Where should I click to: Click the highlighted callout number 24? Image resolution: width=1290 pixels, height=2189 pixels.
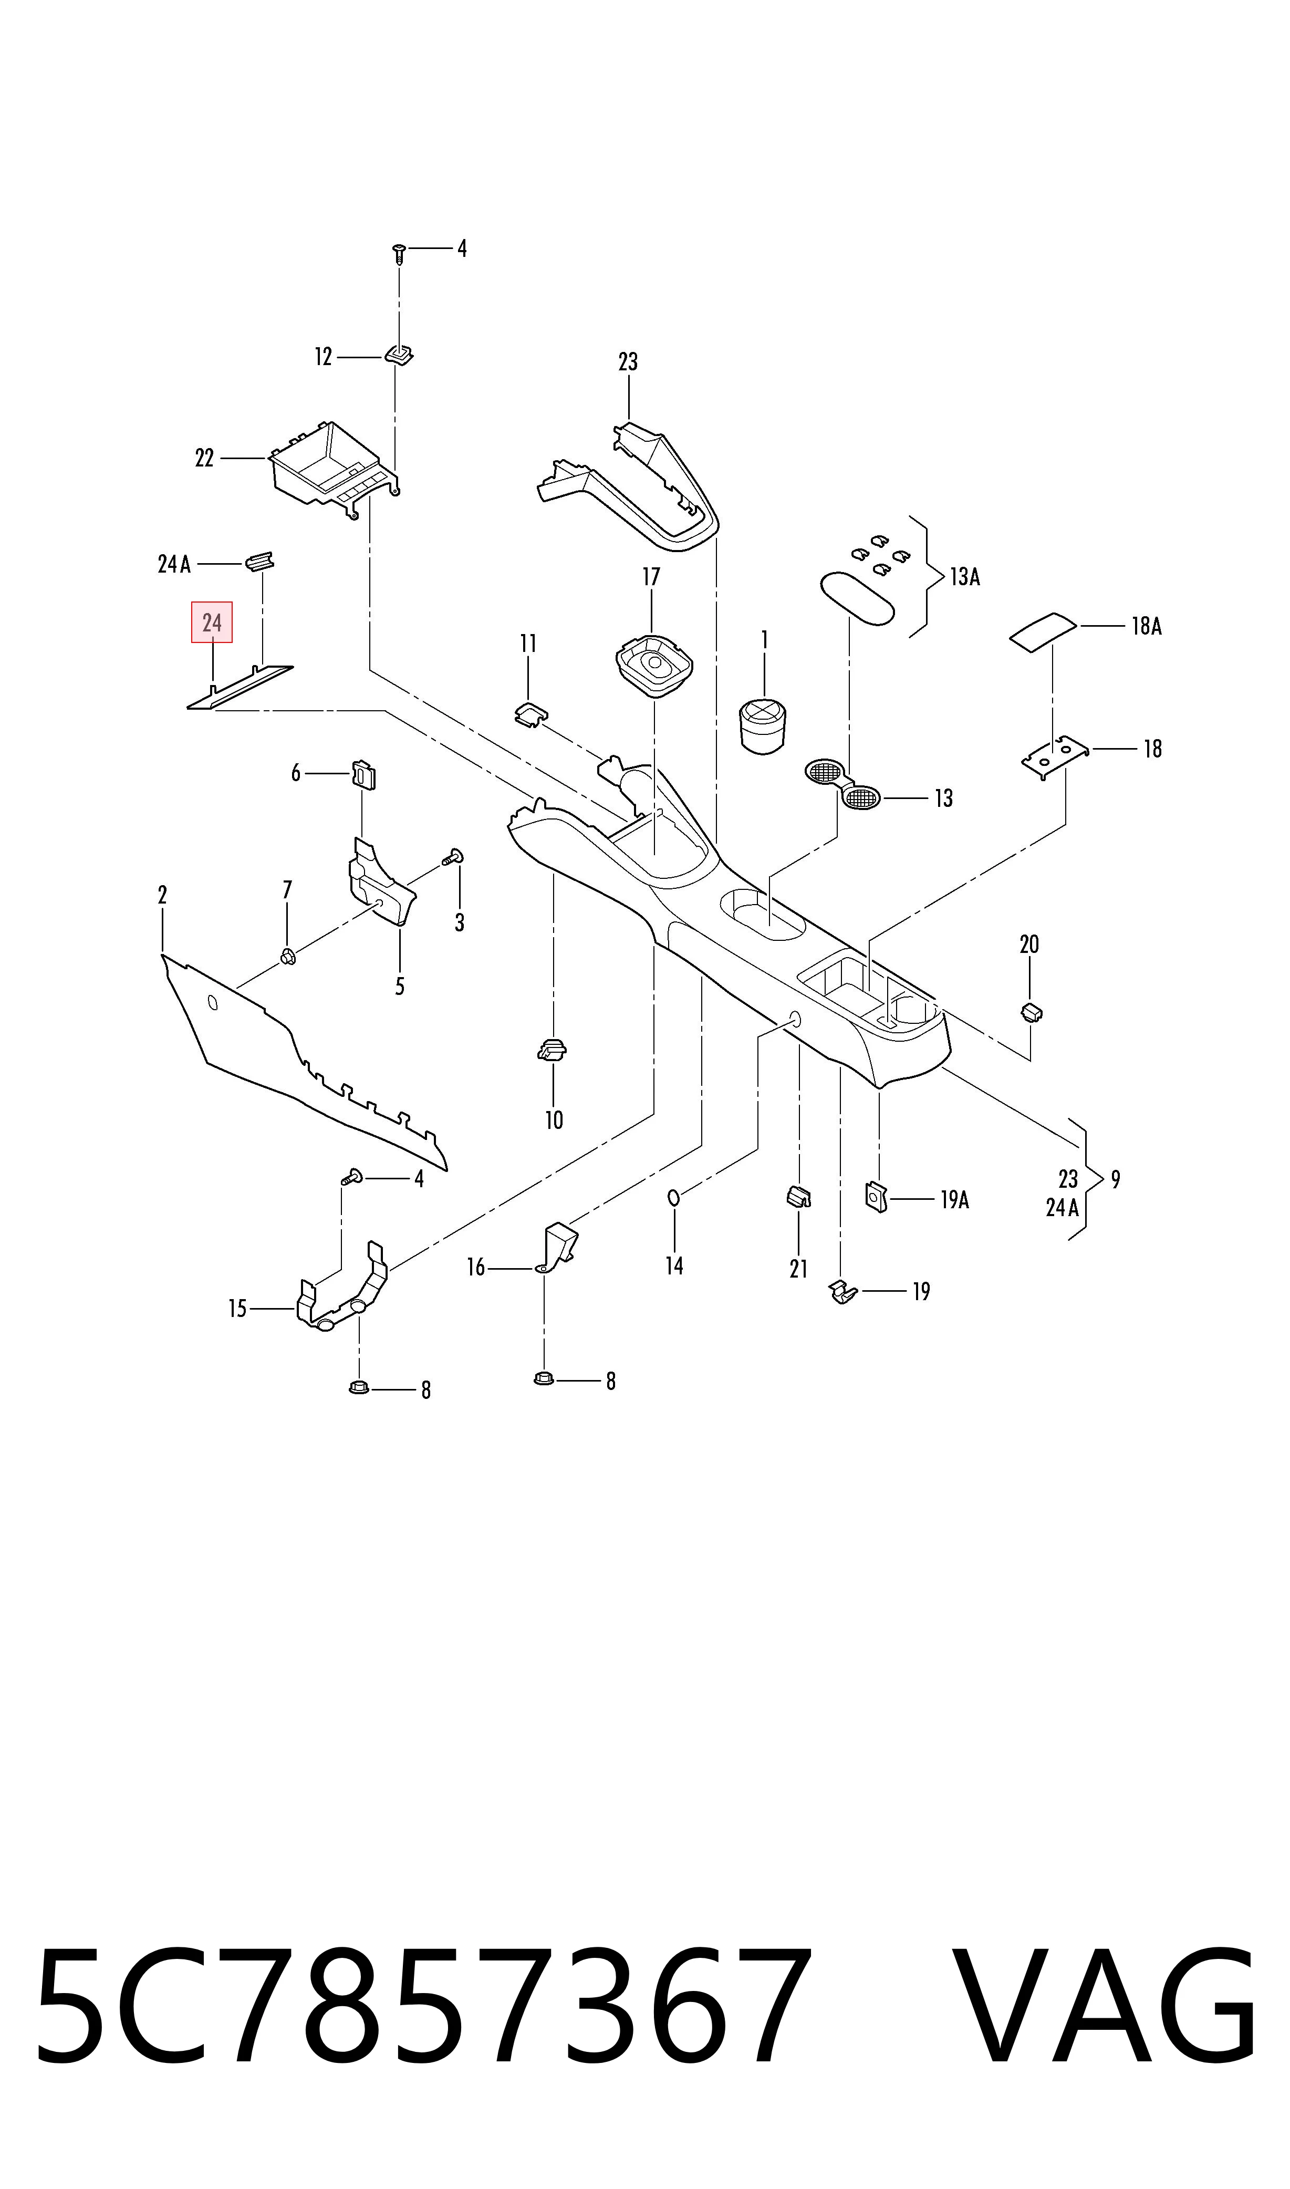click(212, 623)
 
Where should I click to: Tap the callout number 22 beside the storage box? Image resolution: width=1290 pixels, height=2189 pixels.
click(204, 458)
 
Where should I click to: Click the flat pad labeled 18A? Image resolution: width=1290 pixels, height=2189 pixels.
click(1042, 630)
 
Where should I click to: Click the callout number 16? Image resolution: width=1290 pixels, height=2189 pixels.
click(475, 1268)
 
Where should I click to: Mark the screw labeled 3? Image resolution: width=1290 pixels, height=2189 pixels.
click(452, 857)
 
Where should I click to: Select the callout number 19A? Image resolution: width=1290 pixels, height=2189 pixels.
click(954, 1200)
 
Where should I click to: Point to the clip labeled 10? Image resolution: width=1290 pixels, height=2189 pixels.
click(552, 1050)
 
